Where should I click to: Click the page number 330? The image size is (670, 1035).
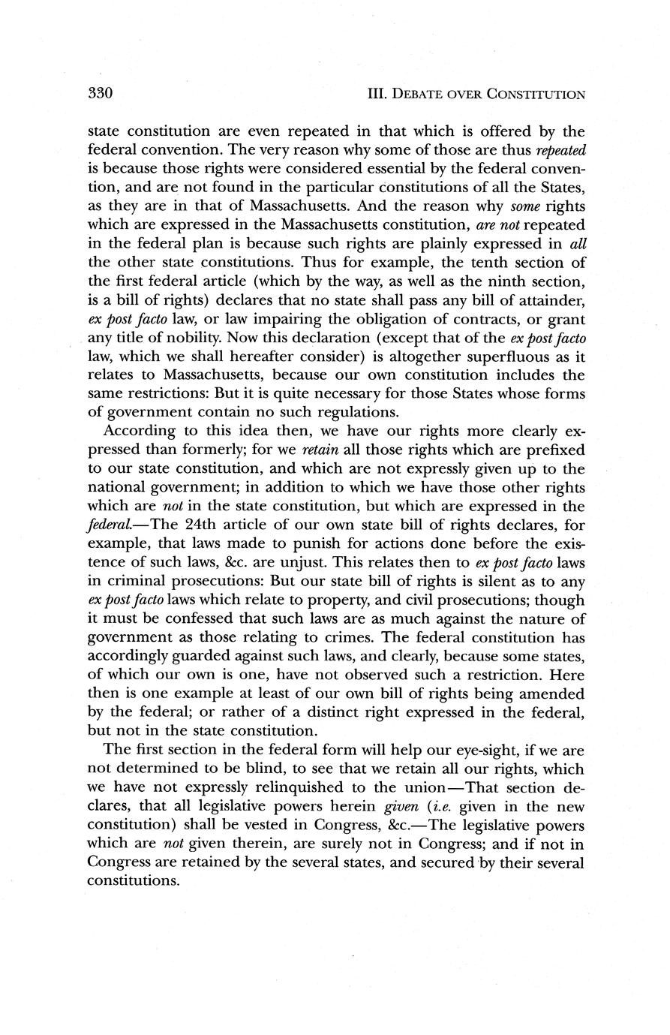pos(100,94)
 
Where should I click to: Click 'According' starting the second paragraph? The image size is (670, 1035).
pos(140,431)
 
